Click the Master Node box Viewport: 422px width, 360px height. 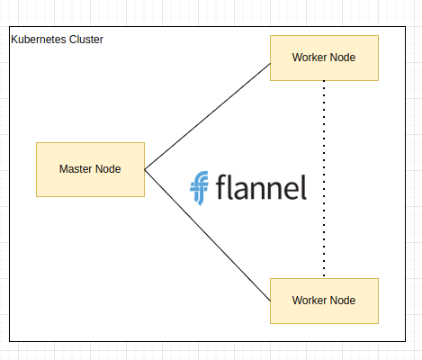pos(90,169)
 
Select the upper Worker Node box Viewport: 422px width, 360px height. pos(324,58)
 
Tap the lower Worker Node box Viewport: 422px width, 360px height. pos(324,301)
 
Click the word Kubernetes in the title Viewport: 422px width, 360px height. pos(39,40)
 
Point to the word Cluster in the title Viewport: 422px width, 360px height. pos(86,40)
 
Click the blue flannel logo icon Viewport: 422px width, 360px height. pos(199,188)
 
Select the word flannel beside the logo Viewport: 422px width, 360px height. pos(261,187)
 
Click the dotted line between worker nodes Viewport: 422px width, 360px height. pos(324,179)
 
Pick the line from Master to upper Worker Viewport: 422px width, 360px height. pos(207,116)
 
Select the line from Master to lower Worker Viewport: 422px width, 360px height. pos(207,235)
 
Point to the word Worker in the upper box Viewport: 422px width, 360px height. pos(306,58)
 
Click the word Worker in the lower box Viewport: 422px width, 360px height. pos(306,301)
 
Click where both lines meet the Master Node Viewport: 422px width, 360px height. pos(145,170)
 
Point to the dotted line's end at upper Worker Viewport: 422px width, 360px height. pos(324,81)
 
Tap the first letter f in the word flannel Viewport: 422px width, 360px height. pos(221,186)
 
